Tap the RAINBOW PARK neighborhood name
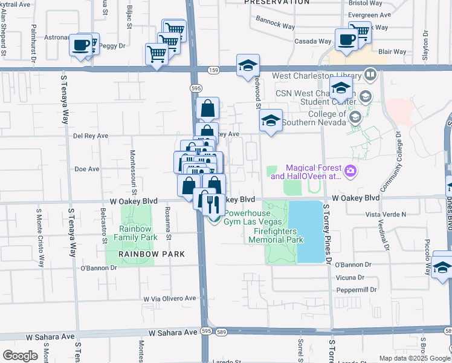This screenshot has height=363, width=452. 143,254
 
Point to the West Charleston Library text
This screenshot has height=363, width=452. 317,76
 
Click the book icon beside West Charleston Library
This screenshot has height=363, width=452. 370,75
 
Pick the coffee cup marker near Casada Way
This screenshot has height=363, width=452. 346,40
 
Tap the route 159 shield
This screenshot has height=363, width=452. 214,70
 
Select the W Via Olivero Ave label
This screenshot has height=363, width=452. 170,298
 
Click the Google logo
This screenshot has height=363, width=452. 20,355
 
